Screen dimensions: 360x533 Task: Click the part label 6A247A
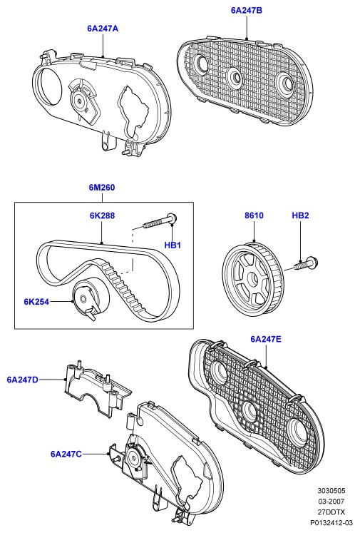(x=103, y=29)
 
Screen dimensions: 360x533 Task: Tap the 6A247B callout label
(x=247, y=11)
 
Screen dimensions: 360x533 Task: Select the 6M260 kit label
(x=102, y=188)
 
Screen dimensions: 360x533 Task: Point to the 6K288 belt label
(x=102, y=215)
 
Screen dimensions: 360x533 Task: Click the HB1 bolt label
(x=173, y=245)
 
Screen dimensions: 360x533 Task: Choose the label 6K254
(x=36, y=302)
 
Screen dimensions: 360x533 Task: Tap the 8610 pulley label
(x=254, y=215)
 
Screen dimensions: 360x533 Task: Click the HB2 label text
(x=301, y=215)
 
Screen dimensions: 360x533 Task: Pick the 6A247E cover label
(x=266, y=339)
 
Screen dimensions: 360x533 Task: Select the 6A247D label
(x=22, y=380)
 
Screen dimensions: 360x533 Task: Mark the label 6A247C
(x=66, y=454)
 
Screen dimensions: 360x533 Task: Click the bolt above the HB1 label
(x=160, y=220)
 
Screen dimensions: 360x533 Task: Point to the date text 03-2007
(x=331, y=501)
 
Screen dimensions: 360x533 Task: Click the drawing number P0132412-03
(x=331, y=522)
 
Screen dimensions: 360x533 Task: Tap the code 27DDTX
(x=331, y=512)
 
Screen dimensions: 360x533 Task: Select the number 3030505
(x=331, y=490)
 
